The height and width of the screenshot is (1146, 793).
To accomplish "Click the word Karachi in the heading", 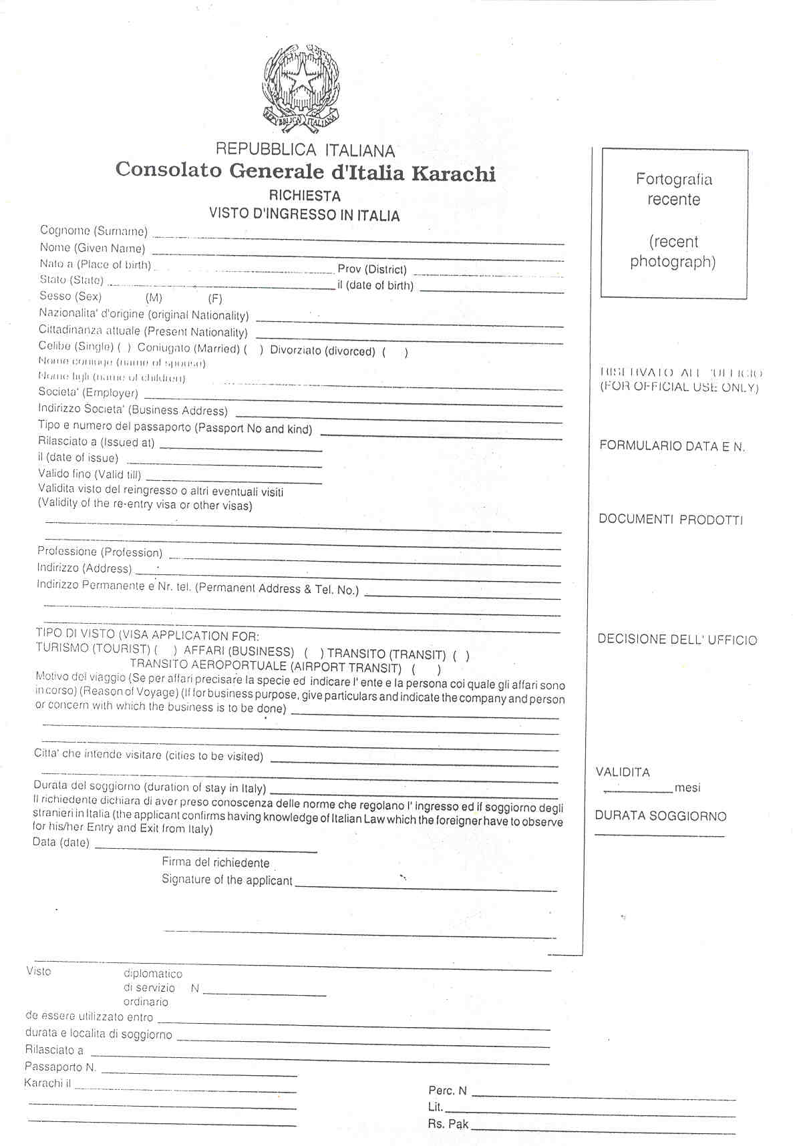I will [x=453, y=173].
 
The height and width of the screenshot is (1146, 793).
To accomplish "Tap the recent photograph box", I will [x=673, y=223].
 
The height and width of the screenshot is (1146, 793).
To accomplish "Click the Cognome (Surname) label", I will [x=94, y=231].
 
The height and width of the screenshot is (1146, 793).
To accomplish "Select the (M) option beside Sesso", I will [x=154, y=299].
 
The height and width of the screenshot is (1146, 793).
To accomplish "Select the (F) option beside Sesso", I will [x=215, y=299].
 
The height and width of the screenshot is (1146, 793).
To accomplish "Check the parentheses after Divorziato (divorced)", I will [x=395, y=352].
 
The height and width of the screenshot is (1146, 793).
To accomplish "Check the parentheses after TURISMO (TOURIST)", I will [x=166, y=650].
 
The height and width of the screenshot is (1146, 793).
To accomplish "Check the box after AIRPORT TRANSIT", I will [x=426, y=668].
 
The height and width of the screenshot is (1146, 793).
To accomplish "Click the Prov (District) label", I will [x=372, y=270].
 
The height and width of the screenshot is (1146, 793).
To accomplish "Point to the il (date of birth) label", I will [x=375, y=286].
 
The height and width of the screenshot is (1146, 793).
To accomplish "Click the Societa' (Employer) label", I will [x=88, y=393].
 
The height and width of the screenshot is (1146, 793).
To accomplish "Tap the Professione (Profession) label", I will [x=100, y=552].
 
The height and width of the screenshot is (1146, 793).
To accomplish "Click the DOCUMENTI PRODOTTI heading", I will [x=671, y=520].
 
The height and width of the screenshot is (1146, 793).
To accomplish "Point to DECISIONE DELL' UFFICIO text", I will [x=677, y=640].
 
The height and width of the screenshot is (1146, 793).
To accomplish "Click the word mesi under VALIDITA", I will [x=687, y=788].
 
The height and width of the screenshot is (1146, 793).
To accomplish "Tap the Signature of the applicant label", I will [x=227, y=880].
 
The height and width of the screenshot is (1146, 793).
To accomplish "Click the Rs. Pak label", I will [x=448, y=1124].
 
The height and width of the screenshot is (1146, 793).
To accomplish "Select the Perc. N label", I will [x=448, y=1091].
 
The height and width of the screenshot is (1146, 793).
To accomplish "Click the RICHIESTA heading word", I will [x=305, y=196].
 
